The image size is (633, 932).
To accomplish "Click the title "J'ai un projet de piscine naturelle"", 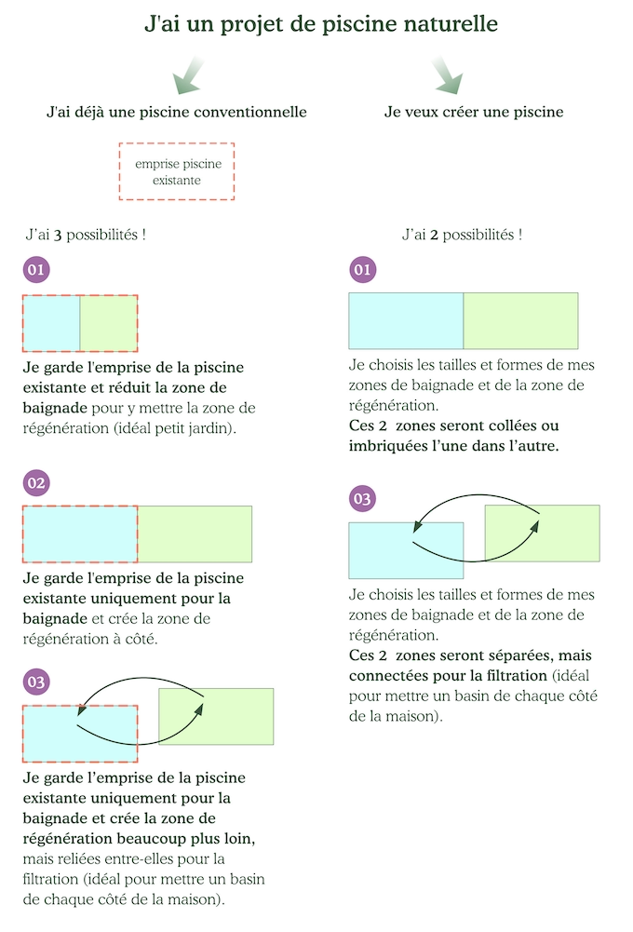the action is (x=321, y=24).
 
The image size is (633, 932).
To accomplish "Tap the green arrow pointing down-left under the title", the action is (x=188, y=75).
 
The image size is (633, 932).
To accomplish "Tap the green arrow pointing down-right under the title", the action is (x=448, y=75).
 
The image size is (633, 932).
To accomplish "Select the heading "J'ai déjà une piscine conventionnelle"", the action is (x=177, y=112).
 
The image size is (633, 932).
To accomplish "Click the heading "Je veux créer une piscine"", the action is (x=474, y=112).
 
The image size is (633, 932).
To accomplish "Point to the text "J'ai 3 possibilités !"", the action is (x=86, y=235).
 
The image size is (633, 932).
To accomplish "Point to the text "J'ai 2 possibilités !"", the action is (x=462, y=235).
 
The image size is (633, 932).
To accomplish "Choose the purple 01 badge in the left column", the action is (x=36, y=270).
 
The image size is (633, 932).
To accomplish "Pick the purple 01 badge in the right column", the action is (x=362, y=270).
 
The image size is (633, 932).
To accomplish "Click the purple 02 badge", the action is (x=36, y=482).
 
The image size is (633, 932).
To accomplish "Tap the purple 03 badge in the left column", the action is (x=36, y=682).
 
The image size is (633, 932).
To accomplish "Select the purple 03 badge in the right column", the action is (x=362, y=499).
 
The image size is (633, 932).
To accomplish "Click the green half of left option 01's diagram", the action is (x=109, y=323).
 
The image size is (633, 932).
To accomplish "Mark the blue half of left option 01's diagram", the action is (x=51, y=323).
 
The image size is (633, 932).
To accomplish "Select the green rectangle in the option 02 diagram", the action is (x=195, y=534).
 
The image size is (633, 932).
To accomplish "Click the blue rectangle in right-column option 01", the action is (x=406, y=320).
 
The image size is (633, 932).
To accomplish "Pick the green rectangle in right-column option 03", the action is (x=543, y=534).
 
